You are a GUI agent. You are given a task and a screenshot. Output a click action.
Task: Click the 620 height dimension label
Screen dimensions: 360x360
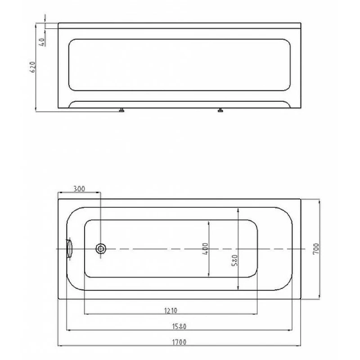(33, 67)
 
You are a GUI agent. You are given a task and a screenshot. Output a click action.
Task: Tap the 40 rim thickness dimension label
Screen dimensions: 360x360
(42, 42)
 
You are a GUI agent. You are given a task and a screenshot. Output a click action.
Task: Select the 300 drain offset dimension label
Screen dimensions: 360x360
(79, 189)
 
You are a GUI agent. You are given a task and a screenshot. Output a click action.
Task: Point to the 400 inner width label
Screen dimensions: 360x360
(205, 249)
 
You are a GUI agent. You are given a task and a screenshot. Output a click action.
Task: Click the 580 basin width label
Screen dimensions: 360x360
(234, 261)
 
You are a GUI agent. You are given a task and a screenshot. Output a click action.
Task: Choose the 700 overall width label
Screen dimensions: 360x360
(316, 249)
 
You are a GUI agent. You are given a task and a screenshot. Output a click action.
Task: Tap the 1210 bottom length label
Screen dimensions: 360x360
(171, 310)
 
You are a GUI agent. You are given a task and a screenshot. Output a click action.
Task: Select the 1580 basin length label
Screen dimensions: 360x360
(179, 326)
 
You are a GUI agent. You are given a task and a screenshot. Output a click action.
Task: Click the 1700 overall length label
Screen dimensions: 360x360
(179, 342)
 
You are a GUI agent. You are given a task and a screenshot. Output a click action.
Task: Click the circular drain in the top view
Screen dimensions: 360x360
(100, 249)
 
